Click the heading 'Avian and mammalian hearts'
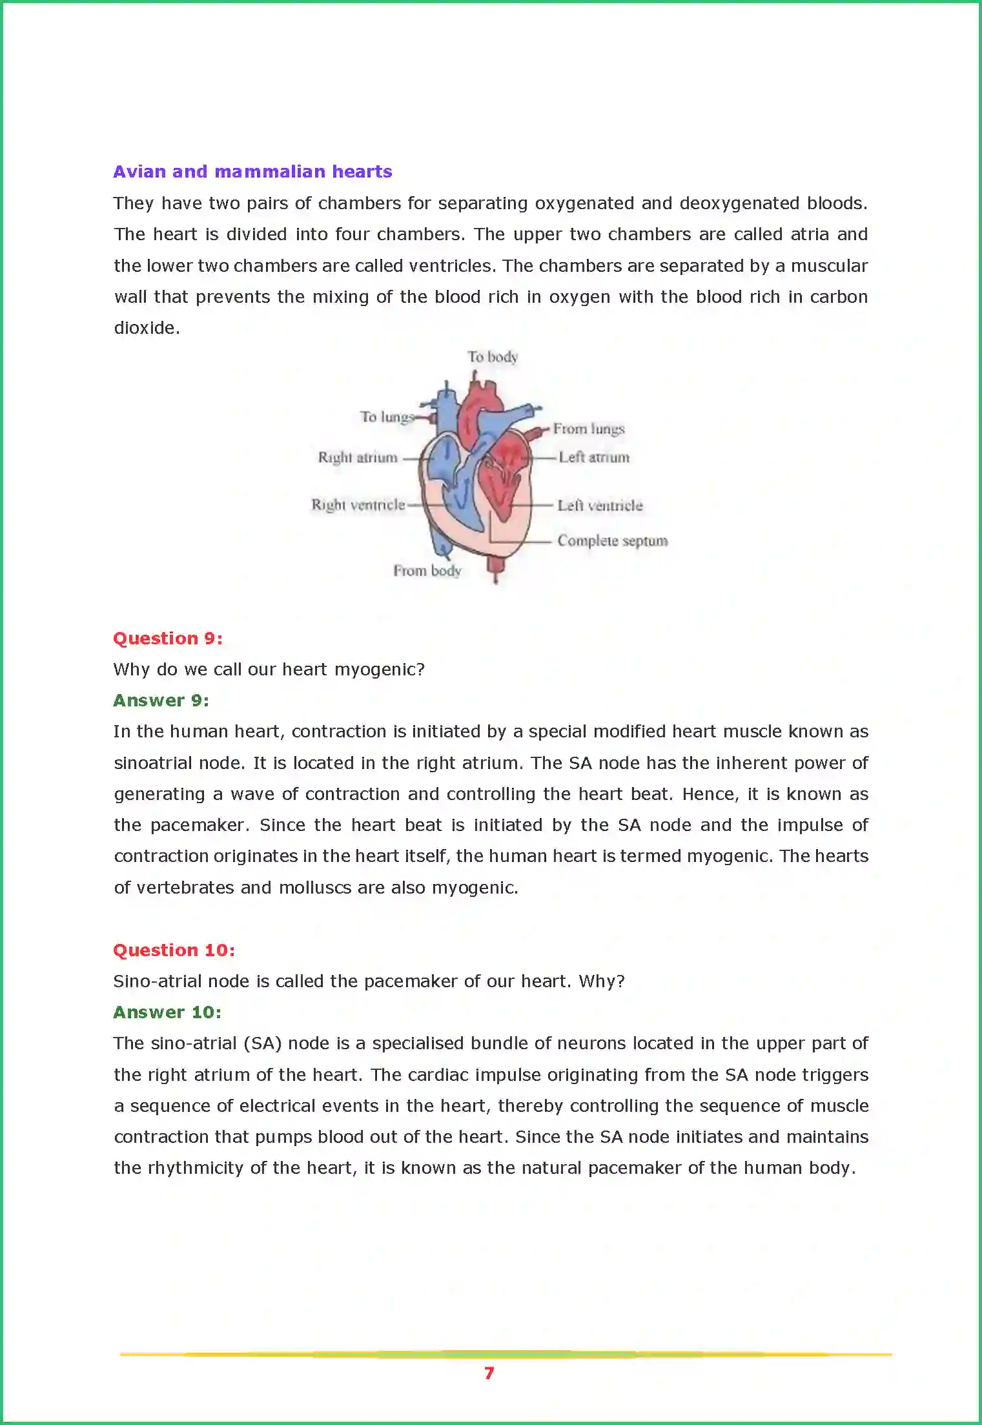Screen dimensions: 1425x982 [x=252, y=172]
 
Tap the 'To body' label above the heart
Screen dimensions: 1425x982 [x=493, y=357]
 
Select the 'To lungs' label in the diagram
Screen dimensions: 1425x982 [x=386, y=417]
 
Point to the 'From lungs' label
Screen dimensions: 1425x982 [x=588, y=429]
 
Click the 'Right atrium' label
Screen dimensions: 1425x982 [x=357, y=458]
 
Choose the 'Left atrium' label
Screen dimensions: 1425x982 [x=593, y=457]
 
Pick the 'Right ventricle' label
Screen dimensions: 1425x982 [x=358, y=505]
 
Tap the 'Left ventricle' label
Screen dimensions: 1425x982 [x=600, y=506]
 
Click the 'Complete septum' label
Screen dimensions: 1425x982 [x=612, y=540]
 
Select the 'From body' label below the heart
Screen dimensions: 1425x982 [x=427, y=571]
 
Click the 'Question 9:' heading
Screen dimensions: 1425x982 [x=168, y=639]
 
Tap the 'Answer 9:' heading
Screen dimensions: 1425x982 [x=161, y=701]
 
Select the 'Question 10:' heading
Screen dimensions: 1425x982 [x=174, y=950]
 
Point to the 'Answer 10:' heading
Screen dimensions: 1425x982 [x=167, y=1012]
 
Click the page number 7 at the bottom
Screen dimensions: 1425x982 [x=489, y=1373]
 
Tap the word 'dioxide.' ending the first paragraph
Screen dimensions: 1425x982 [x=147, y=328]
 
